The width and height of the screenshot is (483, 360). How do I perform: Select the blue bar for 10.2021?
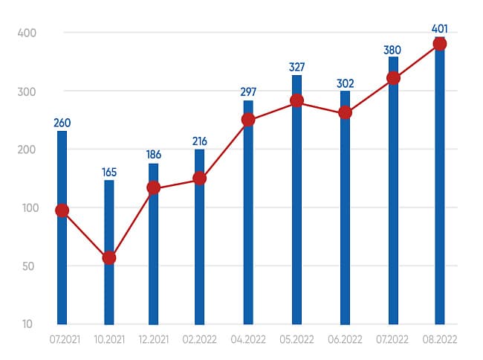tap(109, 290)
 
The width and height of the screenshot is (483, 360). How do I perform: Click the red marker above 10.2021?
tap(109, 257)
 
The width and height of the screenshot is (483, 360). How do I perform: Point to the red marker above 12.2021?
tap(153, 187)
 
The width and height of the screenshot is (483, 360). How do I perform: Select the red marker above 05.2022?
tap(296, 100)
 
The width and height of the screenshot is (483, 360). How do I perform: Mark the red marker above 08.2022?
tap(439, 44)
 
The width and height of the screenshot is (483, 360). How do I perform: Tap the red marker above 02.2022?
tap(200, 178)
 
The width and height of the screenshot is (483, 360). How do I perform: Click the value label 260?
tap(62, 123)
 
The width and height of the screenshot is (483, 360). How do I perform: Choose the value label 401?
tap(439, 30)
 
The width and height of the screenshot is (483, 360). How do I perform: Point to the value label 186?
tap(153, 155)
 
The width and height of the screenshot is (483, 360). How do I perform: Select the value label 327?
tap(296, 67)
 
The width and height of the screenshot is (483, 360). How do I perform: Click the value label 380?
tap(393, 49)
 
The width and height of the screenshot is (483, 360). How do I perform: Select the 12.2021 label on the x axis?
tap(153, 338)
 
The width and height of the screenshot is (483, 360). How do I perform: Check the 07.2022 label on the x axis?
tap(393, 338)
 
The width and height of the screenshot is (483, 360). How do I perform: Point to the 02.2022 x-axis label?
tap(200, 338)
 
